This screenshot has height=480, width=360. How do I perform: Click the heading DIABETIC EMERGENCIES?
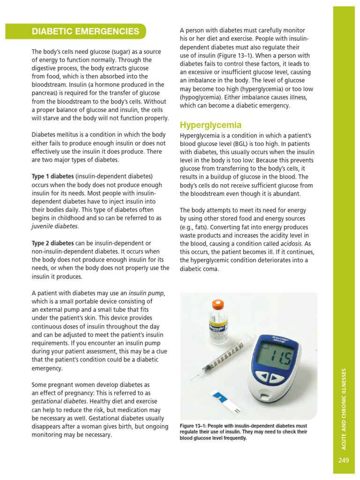click(85, 32)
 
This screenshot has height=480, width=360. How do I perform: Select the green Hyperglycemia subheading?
click(210, 125)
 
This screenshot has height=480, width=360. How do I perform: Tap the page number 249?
click(344, 460)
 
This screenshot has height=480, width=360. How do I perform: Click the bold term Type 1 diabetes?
click(52, 177)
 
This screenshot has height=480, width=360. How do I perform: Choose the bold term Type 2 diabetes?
click(52, 243)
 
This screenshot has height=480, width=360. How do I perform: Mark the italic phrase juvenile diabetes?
click(55, 226)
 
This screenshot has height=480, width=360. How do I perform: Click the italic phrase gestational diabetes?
click(59, 401)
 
